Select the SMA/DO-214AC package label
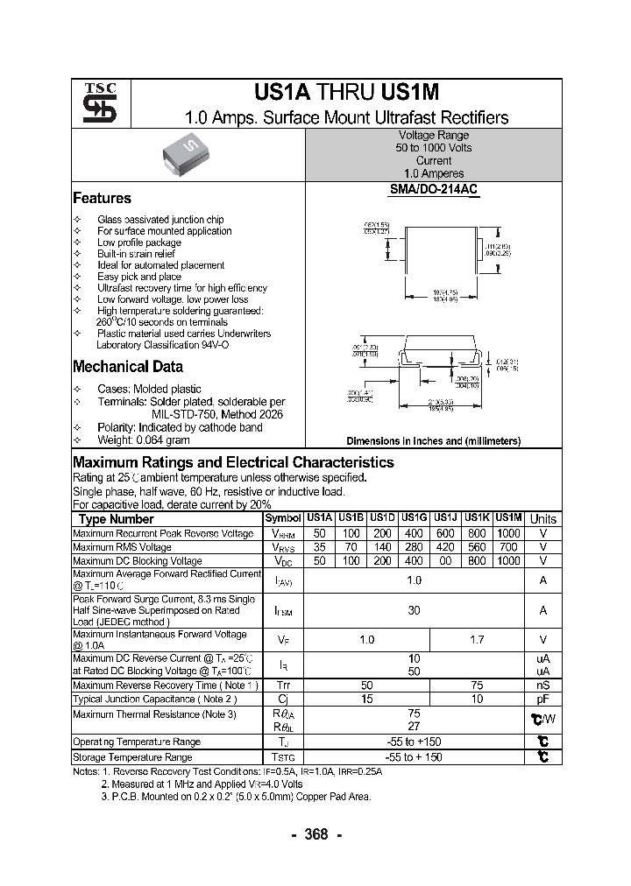click(x=434, y=189)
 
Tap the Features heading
click(x=102, y=199)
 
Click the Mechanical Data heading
click(x=128, y=367)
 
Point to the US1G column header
click(x=414, y=518)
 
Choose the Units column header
click(x=543, y=519)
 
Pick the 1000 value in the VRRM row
click(x=508, y=533)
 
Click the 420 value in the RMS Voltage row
click(x=446, y=547)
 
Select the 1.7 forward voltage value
click(x=477, y=640)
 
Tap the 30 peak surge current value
click(x=415, y=610)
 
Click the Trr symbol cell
click(x=283, y=686)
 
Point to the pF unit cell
click(x=543, y=700)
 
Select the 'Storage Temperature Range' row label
click(x=132, y=757)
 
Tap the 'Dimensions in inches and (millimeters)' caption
click(x=434, y=441)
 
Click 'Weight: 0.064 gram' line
click(x=144, y=439)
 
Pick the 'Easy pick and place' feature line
click(x=139, y=277)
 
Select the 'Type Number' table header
click(x=116, y=519)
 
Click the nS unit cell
click(x=543, y=686)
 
